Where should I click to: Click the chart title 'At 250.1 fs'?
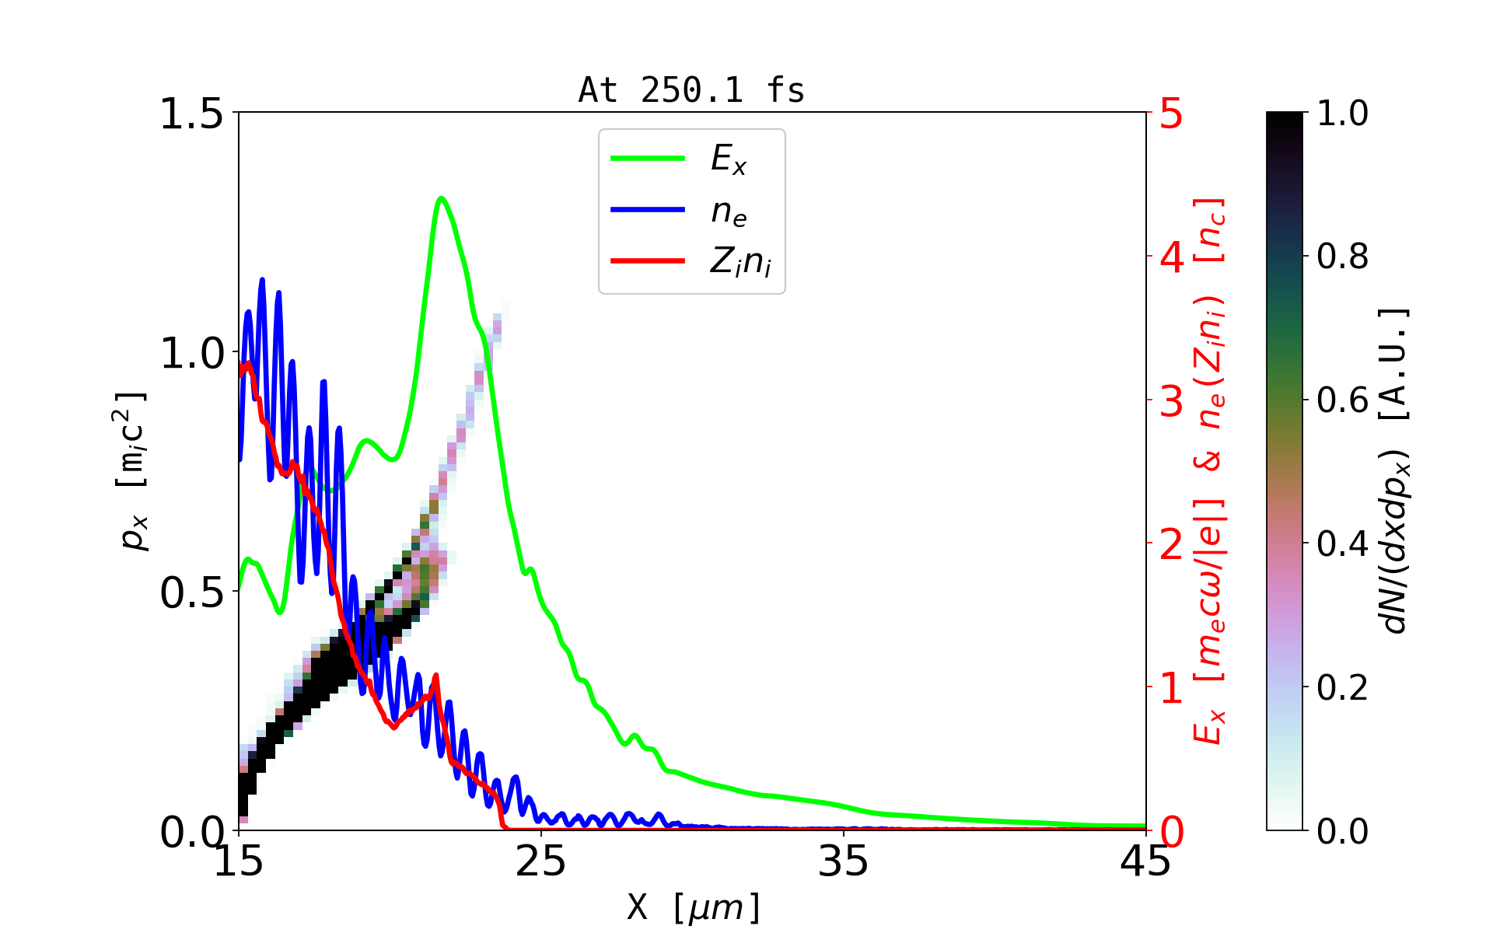(x=691, y=90)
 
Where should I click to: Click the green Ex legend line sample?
(x=648, y=159)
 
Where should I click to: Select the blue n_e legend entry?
(x=728, y=211)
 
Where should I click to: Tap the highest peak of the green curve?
(x=441, y=198)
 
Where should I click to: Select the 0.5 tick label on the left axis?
(x=191, y=592)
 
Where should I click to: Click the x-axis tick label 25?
(x=541, y=861)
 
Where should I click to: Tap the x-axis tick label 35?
(x=844, y=861)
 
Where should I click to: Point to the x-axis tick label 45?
(x=1145, y=861)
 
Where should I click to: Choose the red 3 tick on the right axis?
(x=1171, y=401)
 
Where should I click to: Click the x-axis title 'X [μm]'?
(x=693, y=907)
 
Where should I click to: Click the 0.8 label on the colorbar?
(x=1342, y=256)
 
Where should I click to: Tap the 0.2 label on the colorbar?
(x=1342, y=687)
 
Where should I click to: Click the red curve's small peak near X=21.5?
(x=436, y=676)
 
